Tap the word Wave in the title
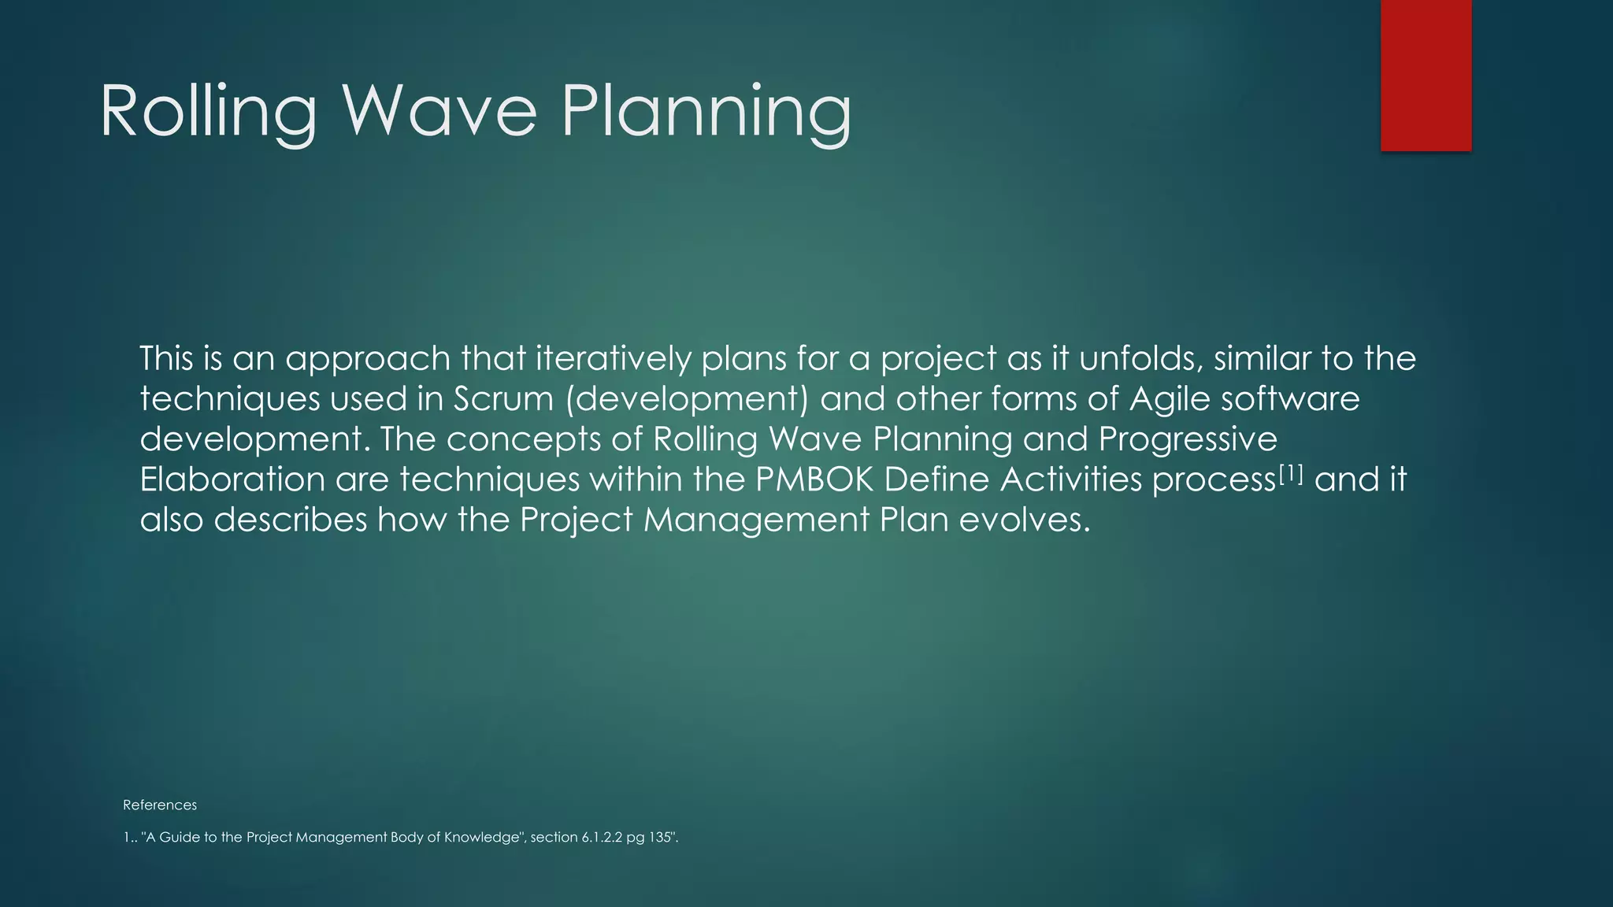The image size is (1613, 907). [439, 112]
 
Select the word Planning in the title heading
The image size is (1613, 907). [706, 112]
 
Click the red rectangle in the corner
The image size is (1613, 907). [1426, 75]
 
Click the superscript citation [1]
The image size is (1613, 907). [1291, 472]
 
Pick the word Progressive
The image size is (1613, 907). [1187, 439]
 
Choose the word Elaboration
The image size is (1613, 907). [232, 480]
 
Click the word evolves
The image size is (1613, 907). [1025, 520]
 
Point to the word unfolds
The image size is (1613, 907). [1140, 359]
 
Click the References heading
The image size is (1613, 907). [160, 805]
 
